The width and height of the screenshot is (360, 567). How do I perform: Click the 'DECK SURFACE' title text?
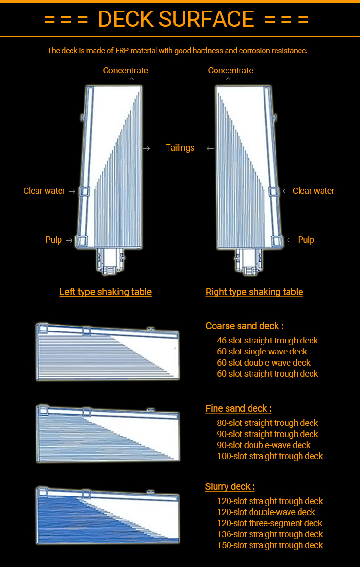point(176,19)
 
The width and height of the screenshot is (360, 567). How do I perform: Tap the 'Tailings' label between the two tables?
point(180,148)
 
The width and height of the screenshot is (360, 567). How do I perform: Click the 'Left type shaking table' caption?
point(106,292)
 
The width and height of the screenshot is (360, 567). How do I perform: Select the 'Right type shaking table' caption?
point(254,292)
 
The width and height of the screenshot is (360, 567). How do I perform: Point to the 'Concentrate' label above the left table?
point(125,71)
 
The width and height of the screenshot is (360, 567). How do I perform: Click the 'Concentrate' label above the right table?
point(230,71)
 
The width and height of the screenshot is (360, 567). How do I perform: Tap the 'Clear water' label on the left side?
point(44,191)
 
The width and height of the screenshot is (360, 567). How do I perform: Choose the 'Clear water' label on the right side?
point(313,191)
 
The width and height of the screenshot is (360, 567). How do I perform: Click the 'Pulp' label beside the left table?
point(54,240)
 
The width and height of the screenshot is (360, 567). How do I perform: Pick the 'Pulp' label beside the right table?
point(306,240)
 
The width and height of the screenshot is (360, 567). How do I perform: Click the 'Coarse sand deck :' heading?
point(244,326)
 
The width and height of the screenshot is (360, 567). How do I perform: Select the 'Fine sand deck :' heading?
point(239,409)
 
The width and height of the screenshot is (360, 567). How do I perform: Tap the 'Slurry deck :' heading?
point(230,487)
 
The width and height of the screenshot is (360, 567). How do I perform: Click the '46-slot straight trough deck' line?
point(267,341)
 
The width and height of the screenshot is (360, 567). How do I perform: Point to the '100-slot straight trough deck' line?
point(270,456)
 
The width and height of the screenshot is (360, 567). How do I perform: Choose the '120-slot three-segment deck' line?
point(269,523)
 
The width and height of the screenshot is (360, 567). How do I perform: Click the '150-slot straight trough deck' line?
point(270,545)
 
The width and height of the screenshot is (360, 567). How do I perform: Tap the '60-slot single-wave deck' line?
point(262,352)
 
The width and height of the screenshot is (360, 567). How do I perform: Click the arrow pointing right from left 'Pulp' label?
point(69,240)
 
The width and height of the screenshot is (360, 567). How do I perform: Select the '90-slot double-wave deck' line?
point(264,445)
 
